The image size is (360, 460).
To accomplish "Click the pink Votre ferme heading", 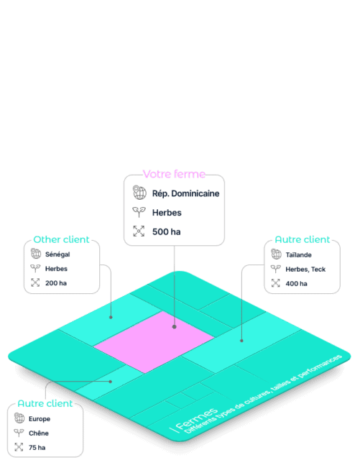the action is coord(174,174).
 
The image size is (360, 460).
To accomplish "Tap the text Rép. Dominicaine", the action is coord(185,193).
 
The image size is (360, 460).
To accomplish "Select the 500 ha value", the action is coord(167,231).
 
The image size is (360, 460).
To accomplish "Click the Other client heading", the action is coord(61,239).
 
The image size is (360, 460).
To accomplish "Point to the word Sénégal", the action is coord(57,254).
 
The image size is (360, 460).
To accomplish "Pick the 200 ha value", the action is coord(56,283).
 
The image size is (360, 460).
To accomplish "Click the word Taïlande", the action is coord(298,254).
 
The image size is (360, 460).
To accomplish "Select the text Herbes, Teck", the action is coord(305,270).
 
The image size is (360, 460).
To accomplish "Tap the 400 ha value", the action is coord(296,284).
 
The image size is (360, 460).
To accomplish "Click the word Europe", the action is coord(40,419).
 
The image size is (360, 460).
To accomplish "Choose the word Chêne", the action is coord(38,433).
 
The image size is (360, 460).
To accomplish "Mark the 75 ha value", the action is coord(37,448).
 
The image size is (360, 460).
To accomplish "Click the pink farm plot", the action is coord(154,342).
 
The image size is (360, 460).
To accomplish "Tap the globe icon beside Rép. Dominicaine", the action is coord(139,193).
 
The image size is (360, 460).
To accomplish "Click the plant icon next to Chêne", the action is coord(19,433).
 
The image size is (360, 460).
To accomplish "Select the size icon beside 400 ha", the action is coord(275,283).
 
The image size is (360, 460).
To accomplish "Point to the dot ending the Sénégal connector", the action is coord(111,318).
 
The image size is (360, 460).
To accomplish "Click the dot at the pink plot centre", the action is coord(175,326).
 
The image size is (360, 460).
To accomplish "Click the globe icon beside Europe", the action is coord(19,418).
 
